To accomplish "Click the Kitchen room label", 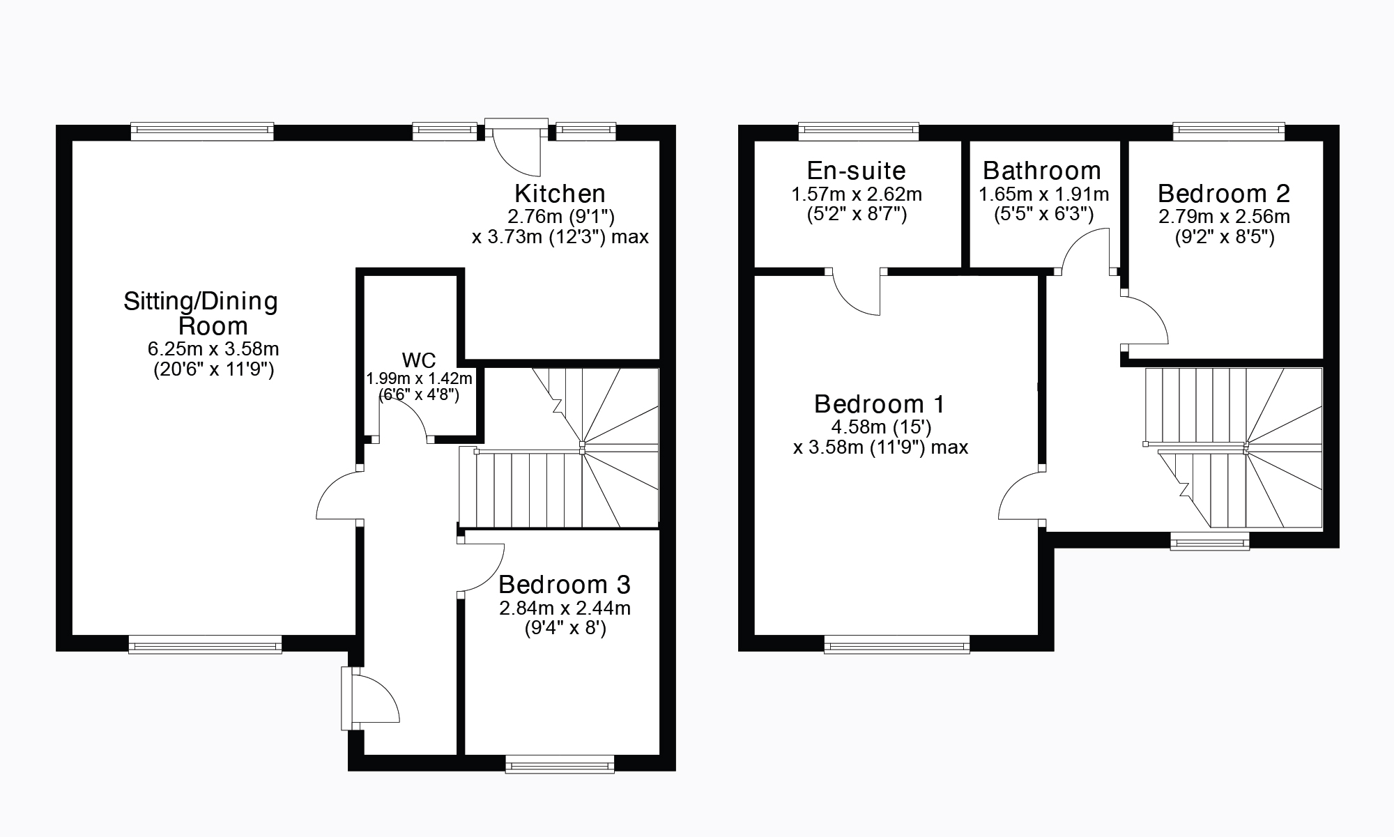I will (560, 193).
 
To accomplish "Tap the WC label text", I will (419, 360).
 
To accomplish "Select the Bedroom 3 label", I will (565, 584).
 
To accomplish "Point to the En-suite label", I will (856, 171).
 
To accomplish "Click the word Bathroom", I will (1042, 171).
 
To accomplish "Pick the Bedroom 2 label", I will (1224, 193).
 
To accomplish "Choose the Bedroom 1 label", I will (880, 404).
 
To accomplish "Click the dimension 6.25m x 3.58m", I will (213, 348).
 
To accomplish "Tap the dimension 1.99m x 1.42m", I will (420, 378).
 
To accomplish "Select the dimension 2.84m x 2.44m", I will (565, 608).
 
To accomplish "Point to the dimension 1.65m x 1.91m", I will (1043, 194).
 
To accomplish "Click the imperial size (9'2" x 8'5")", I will (1224, 238).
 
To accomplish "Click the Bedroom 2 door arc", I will (1147, 321).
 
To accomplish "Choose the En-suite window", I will (858, 130).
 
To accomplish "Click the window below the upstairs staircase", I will (1209, 542).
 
